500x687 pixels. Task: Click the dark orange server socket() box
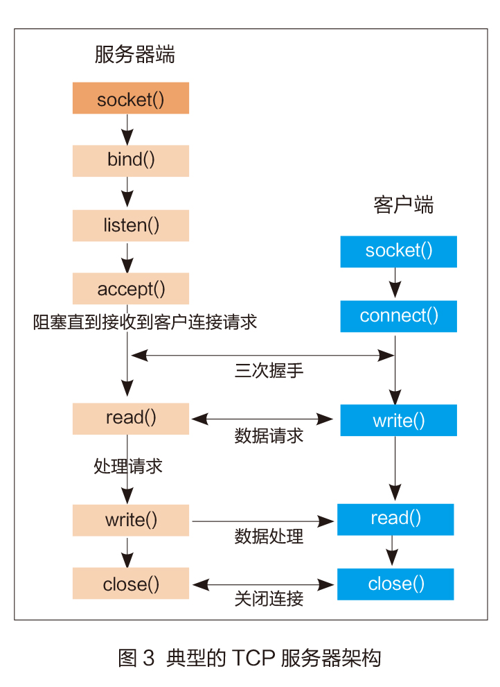[131, 98]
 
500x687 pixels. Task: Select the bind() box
[131, 161]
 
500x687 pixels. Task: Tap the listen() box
[131, 225]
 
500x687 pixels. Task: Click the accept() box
[131, 288]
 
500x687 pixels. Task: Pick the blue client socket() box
[398, 251]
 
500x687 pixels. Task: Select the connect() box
[398, 316]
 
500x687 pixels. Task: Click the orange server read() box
[131, 418]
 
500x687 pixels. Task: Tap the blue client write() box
[398, 420]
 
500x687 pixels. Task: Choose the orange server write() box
[131, 520]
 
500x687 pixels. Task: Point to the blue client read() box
[395, 519]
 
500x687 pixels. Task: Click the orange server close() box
[131, 584]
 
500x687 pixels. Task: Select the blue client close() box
[395, 584]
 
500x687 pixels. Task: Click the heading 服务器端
[135, 55]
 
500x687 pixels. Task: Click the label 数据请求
[269, 436]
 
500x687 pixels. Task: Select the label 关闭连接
[269, 598]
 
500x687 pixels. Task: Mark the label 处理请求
[128, 466]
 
